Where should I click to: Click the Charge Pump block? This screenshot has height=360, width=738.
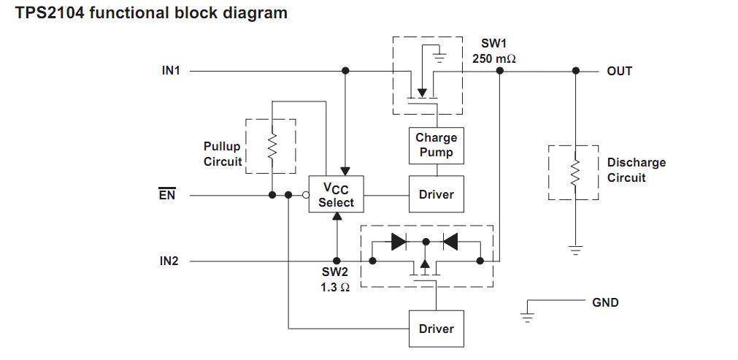click(436, 145)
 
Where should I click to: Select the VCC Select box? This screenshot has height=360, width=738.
click(336, 195)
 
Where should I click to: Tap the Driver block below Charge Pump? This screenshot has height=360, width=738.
click(436, 195)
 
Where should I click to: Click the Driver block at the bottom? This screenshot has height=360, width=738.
click(436, 329)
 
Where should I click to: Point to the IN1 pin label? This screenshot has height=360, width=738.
click(171, 71)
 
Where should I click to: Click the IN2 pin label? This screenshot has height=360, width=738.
click(169, 261)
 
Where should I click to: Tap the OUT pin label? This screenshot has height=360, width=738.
click(619, 71)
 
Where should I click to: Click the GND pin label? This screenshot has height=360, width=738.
click(605, 302)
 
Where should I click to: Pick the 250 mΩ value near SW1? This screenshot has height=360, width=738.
click(493, 58)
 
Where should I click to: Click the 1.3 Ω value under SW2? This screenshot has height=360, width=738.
click(335, 287)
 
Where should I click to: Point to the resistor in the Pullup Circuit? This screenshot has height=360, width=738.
click(272, 147)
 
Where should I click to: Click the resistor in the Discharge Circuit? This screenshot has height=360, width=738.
click(575, 172)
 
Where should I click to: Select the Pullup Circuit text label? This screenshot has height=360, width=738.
click(222, 154)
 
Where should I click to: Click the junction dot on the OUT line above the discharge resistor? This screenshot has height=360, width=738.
click(575, 71)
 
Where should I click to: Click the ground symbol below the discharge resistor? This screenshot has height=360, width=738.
click(575, 250)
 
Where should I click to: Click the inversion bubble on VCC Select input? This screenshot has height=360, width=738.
click(306, 195)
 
